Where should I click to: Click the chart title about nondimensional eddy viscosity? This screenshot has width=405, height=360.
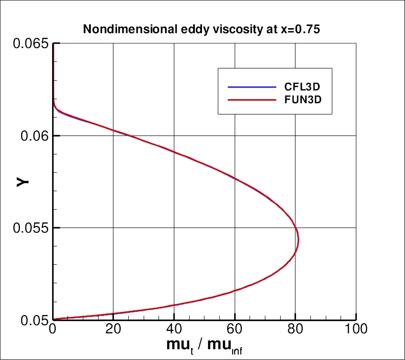click(x=201, y=29)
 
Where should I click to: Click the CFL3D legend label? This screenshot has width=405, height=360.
click(x=303, y=85)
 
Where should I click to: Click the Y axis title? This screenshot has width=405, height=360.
click(x=22, y=181)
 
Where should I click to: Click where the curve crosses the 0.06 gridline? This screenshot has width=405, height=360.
click(x=131, y=136)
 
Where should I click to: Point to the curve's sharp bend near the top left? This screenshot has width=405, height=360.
click(x=55, y=108)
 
